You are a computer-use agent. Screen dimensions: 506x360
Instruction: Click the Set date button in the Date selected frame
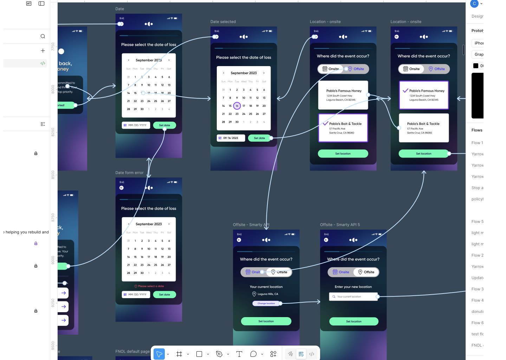[259, 138]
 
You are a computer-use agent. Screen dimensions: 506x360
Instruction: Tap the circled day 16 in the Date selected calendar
[237, 106]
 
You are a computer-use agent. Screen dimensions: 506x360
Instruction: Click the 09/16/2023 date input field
[231, 138]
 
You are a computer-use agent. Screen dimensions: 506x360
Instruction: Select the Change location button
[266, 303]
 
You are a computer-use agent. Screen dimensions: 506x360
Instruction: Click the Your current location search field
[353, 297]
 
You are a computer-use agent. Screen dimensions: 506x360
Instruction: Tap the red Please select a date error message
[149, 286]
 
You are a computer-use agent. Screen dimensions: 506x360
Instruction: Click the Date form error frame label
[129, 173]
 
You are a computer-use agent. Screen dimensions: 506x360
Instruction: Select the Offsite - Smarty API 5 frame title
[340, 225]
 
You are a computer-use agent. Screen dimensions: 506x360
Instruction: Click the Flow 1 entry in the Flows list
[477, 143]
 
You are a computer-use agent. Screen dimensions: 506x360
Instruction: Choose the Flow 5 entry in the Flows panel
[477, 221]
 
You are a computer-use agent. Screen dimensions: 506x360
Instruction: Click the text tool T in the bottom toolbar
[239, 354]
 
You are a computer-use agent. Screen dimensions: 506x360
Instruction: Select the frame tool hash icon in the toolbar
[179, 354]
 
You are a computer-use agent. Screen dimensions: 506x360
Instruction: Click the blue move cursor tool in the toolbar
[159, 354]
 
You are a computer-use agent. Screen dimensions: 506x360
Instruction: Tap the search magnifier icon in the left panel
[43, 36]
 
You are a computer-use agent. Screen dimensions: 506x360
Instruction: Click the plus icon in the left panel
[43, 51]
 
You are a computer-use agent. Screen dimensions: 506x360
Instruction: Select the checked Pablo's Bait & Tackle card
[343, 128]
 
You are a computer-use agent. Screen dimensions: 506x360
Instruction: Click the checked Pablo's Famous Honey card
[424, 95]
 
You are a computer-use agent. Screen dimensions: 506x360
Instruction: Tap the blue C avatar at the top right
[474, 4]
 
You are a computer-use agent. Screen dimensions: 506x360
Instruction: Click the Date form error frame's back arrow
[122, 188]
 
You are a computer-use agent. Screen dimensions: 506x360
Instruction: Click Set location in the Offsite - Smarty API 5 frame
[353, 321]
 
